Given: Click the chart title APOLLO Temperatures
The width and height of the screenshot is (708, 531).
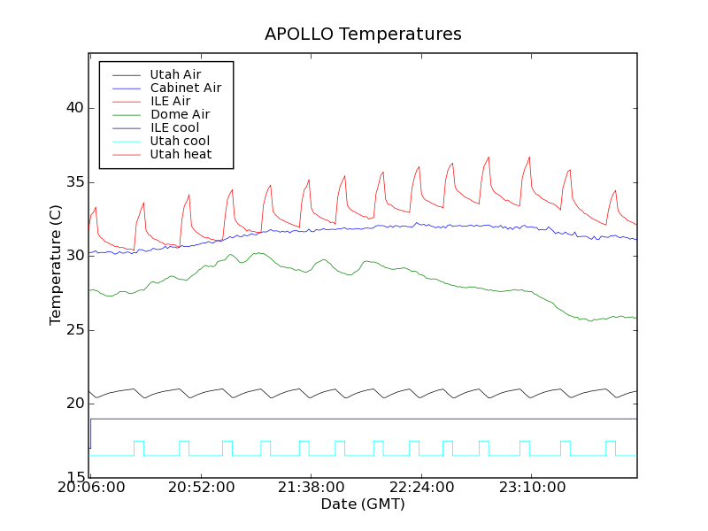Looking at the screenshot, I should point(363,35).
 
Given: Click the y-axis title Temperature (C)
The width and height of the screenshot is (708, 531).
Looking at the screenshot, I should point(56,265).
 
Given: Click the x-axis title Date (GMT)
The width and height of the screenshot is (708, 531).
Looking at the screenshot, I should point(363,504).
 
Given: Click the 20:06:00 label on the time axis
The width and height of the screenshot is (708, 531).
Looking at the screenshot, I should point(91,488).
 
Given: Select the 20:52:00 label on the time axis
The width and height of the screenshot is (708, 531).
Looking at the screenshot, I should point(202,488).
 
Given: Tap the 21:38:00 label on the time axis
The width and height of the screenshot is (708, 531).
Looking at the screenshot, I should point(312,488).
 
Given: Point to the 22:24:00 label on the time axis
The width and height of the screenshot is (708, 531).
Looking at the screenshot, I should point(421,488).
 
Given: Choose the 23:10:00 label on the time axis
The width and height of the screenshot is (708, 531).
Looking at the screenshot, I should point(531,488).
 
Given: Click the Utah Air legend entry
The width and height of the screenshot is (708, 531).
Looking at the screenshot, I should point(175,74).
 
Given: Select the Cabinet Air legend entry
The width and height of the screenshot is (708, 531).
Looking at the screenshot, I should point(185,88).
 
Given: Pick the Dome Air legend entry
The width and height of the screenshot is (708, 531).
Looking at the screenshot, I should point(180,114).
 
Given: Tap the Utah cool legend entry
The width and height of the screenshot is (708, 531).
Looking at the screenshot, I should point(180,141).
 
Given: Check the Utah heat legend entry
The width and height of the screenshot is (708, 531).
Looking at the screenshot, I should point(180,154).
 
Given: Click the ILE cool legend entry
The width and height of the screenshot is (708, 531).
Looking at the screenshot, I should point(174,127).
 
